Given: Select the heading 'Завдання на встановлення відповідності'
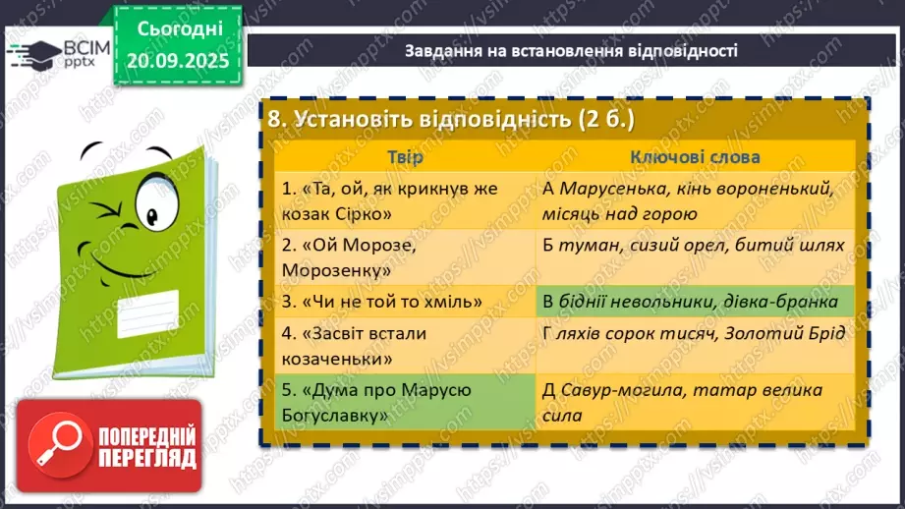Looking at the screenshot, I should [571, 50].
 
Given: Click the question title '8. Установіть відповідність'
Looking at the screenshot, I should [452, 119].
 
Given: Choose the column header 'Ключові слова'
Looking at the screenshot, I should [695, 157].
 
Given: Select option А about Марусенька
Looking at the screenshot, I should [695, 199].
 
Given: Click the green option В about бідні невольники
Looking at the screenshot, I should [695, 302].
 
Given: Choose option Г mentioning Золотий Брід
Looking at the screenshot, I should [695, 334].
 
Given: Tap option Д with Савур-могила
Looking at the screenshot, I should [695, 403].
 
